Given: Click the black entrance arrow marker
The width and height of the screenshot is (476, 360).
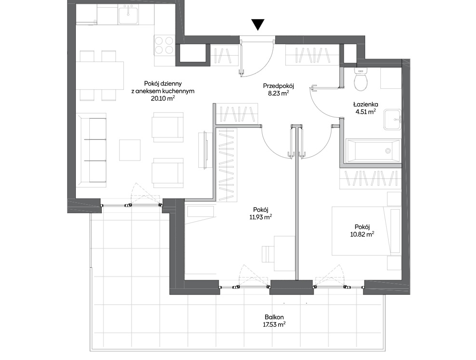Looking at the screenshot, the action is pyautogui.click(x=258, y=25).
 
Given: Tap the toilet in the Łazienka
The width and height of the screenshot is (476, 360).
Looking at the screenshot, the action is pyautogui.click(x=361, y=79).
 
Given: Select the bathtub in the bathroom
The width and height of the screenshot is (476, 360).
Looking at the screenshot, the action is pyautogui.click(x=373, y=151).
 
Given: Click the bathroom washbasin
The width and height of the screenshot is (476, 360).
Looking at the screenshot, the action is pyautogui.click(x=392, y=120).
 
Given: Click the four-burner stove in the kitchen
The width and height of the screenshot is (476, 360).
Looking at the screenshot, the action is pyautogui.click(x=164, y=45).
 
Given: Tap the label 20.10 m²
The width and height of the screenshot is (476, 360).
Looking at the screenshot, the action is pyautogui.click(x=163, y=98).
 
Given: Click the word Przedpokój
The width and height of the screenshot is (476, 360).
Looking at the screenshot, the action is pyautogui.click(x=279, y=86).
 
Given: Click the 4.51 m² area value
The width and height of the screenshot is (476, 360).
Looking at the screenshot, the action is pyautogui.click(x=366, y=112).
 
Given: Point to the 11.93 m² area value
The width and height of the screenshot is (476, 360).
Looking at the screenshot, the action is pyautogui.click(x=260, y=217).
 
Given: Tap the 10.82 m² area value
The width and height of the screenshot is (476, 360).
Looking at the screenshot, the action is pyautogui.click(x=362, y=234).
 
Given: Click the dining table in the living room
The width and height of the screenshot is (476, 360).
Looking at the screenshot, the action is pyautogui.click(x=100, y=75).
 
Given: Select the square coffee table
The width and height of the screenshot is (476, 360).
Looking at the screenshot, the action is pyautogui.click(x=130, y=150).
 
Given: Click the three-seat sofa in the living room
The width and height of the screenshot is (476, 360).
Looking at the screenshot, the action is pyautogui.click(x=91, y=150).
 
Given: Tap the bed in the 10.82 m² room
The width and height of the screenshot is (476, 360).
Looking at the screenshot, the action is pyautogui.click(x=366, y=231).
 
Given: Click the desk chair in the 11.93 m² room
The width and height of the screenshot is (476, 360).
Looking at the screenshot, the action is pyautogui.click(x=268, y=254).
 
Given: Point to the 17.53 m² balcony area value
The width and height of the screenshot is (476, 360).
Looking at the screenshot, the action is pyautogui.click(x=274, y=324).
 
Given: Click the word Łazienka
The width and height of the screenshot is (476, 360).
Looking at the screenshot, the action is pyautogui.click(x=366, y=104).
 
